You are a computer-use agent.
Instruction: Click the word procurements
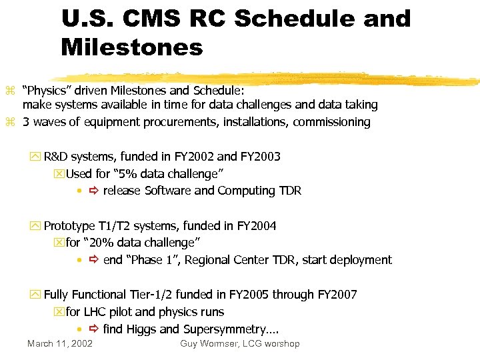tap(185, 122)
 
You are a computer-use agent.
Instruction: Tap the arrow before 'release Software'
tap(93, 191)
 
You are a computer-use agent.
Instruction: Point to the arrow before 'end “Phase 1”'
tap(93, 261)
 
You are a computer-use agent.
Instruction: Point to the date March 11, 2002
tap(60, 344)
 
